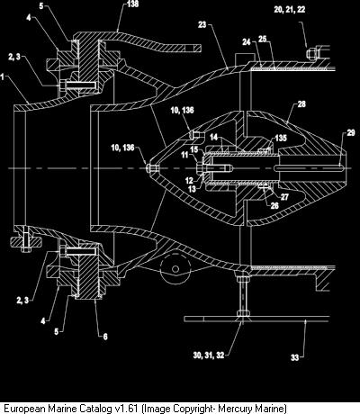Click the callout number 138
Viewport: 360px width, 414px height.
pyautogui.click(x=132, y=4)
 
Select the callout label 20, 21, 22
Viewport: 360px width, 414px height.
pyautogui.click(x=290, y=9)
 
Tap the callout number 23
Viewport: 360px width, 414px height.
pyautogui.click(x=202, y=24)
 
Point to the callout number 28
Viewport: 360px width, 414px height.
pyautogui.click(x=301, y=104)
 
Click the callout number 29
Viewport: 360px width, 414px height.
pyautogui.click(x=351, y=132)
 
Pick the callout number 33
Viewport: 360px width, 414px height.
pyautogui.click(x=295, y=357)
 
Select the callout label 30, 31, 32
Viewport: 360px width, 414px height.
pyautogui.click(x=209, y=355)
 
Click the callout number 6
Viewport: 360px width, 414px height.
pyautogui.click(x=105, y=337)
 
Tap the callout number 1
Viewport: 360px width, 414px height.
pyautogui.click(x=3, y=77)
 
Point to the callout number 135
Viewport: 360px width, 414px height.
pyautogui.click(x=281, y=138)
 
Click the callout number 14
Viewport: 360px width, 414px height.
pyautogui.click(x=213, y=137)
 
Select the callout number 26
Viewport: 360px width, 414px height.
pyautogui.click(x=274, y=205)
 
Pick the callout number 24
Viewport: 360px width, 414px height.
pyautogui.click(x=247, y=42)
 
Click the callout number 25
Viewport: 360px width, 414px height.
pyautogui.click(x=263, y=39)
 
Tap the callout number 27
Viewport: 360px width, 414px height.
pyautogui.click(x=284, y=197)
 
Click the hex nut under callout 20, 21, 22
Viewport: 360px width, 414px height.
pyautogui.click(x=310, y=53)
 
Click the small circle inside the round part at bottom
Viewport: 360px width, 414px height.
pyautogui.click(x=175, y=268)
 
